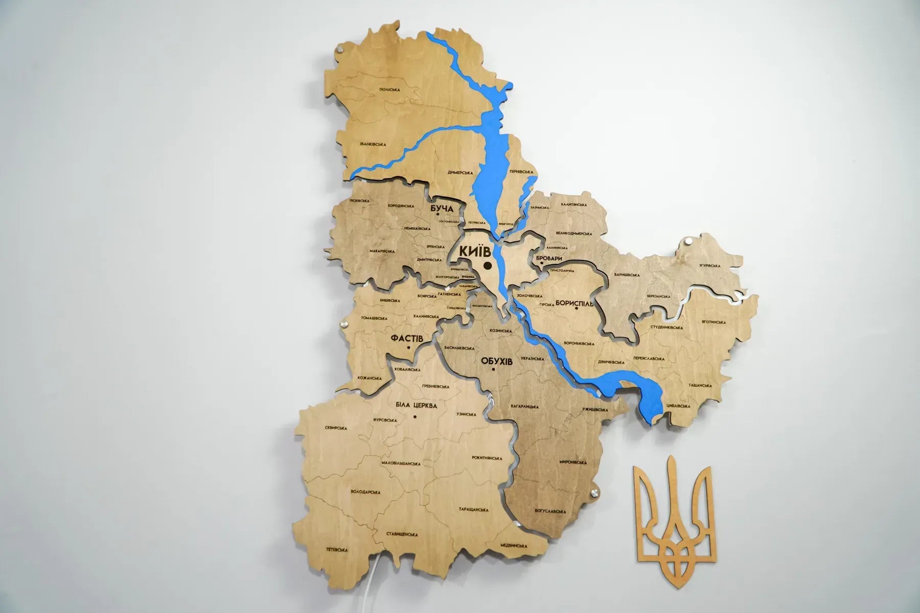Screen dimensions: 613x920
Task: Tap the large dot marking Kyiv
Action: pyautogui.click(x=488, y=266)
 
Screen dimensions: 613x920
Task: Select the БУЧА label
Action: pyautogui.click(x=442, y=209)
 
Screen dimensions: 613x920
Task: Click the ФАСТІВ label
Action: pyautogui.click(x=406, y=338)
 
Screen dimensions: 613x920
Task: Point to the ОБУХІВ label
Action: pyautogui.click(x=496, y=361)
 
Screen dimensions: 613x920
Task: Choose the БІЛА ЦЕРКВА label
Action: pyautogui.click(x=417, y=406)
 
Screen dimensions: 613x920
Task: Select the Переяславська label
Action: pyautogui.click(x=649, y=359)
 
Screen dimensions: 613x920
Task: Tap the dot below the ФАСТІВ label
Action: pyautogui.click(x=408, y=348)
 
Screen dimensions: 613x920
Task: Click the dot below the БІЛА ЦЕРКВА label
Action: pyautogui.click(x=415, y=416)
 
